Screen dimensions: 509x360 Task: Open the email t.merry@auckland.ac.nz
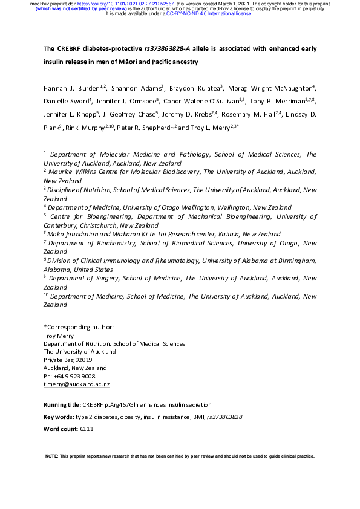click(76, 384)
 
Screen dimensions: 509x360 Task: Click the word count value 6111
click(87, 429)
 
